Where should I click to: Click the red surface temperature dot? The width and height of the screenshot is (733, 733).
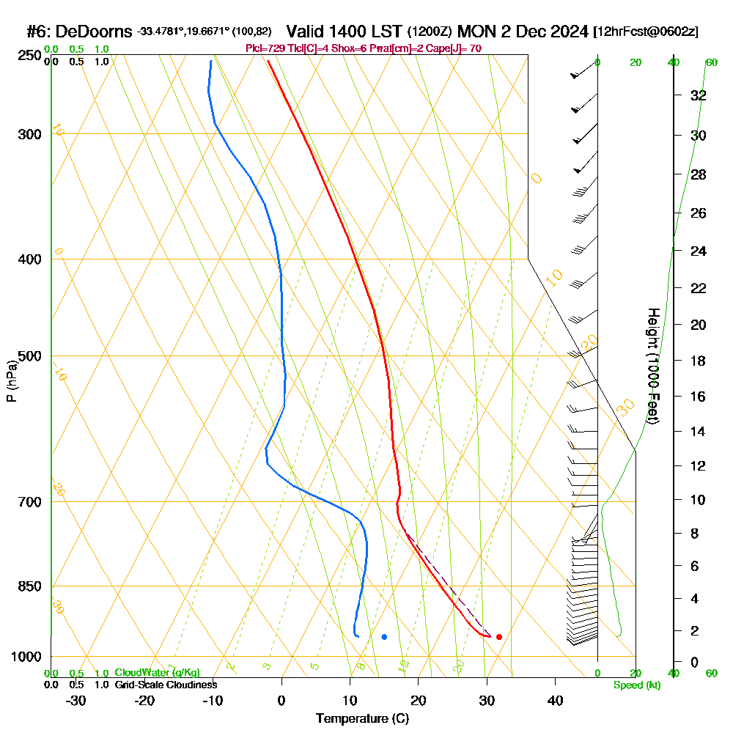tap(498, 637)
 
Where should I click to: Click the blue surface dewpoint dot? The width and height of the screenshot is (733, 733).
tap(384, 637)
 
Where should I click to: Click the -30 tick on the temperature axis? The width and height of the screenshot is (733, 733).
tap(76, 701)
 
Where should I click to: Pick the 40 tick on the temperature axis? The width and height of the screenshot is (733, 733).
tap(555, 701)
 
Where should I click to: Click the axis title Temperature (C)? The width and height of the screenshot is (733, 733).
tap(362, 719)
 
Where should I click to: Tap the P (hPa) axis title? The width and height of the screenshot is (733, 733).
tap(11, 380)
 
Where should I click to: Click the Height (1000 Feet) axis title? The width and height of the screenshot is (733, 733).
tap(652, 366)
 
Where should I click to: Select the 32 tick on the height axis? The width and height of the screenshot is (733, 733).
tap(699, 95)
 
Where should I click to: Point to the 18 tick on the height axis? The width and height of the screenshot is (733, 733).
tap(699, 361)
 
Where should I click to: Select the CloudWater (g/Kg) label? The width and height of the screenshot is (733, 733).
tap(157, 673)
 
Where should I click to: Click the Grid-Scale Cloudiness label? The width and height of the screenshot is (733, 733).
tap(166, 685)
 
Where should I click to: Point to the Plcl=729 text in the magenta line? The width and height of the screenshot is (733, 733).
tap(265, 48)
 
